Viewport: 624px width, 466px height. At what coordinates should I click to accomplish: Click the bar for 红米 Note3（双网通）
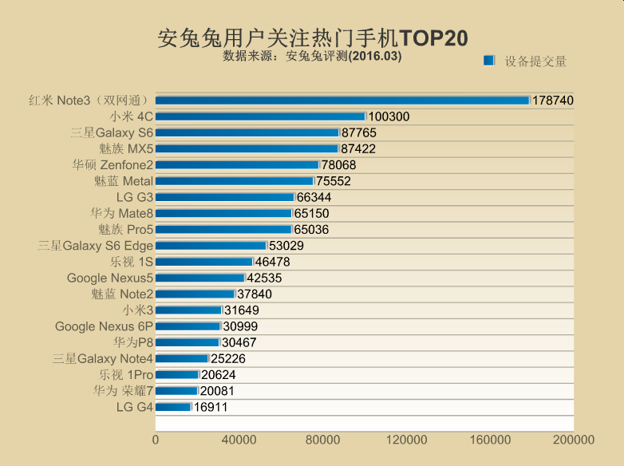[342, 101]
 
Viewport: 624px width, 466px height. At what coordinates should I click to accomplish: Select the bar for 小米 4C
[260, 116]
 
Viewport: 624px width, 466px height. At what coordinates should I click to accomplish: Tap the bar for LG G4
[173, 407]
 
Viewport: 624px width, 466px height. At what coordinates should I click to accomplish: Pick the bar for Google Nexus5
[199, 278]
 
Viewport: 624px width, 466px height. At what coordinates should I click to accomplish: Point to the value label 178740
[553, 101]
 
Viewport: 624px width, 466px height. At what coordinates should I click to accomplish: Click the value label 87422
[358, 148]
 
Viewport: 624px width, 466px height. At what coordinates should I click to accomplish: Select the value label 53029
[286, 246]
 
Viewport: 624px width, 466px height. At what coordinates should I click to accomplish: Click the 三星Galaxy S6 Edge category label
[95, 246]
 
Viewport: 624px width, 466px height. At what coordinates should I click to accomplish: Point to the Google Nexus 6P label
[104, 326]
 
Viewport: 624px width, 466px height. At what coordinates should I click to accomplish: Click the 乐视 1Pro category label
[126, 375]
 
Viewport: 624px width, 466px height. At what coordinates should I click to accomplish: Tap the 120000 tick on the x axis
[406, 440]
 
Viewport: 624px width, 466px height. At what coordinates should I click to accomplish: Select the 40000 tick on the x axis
[239, 440]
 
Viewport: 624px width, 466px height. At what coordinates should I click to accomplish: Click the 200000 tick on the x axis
[574, 440]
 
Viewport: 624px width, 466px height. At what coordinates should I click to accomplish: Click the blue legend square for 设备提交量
[490, 61]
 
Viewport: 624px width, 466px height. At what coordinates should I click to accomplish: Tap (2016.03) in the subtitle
[374, 57]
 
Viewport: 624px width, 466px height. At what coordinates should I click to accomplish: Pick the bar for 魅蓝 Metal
[234, 181]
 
